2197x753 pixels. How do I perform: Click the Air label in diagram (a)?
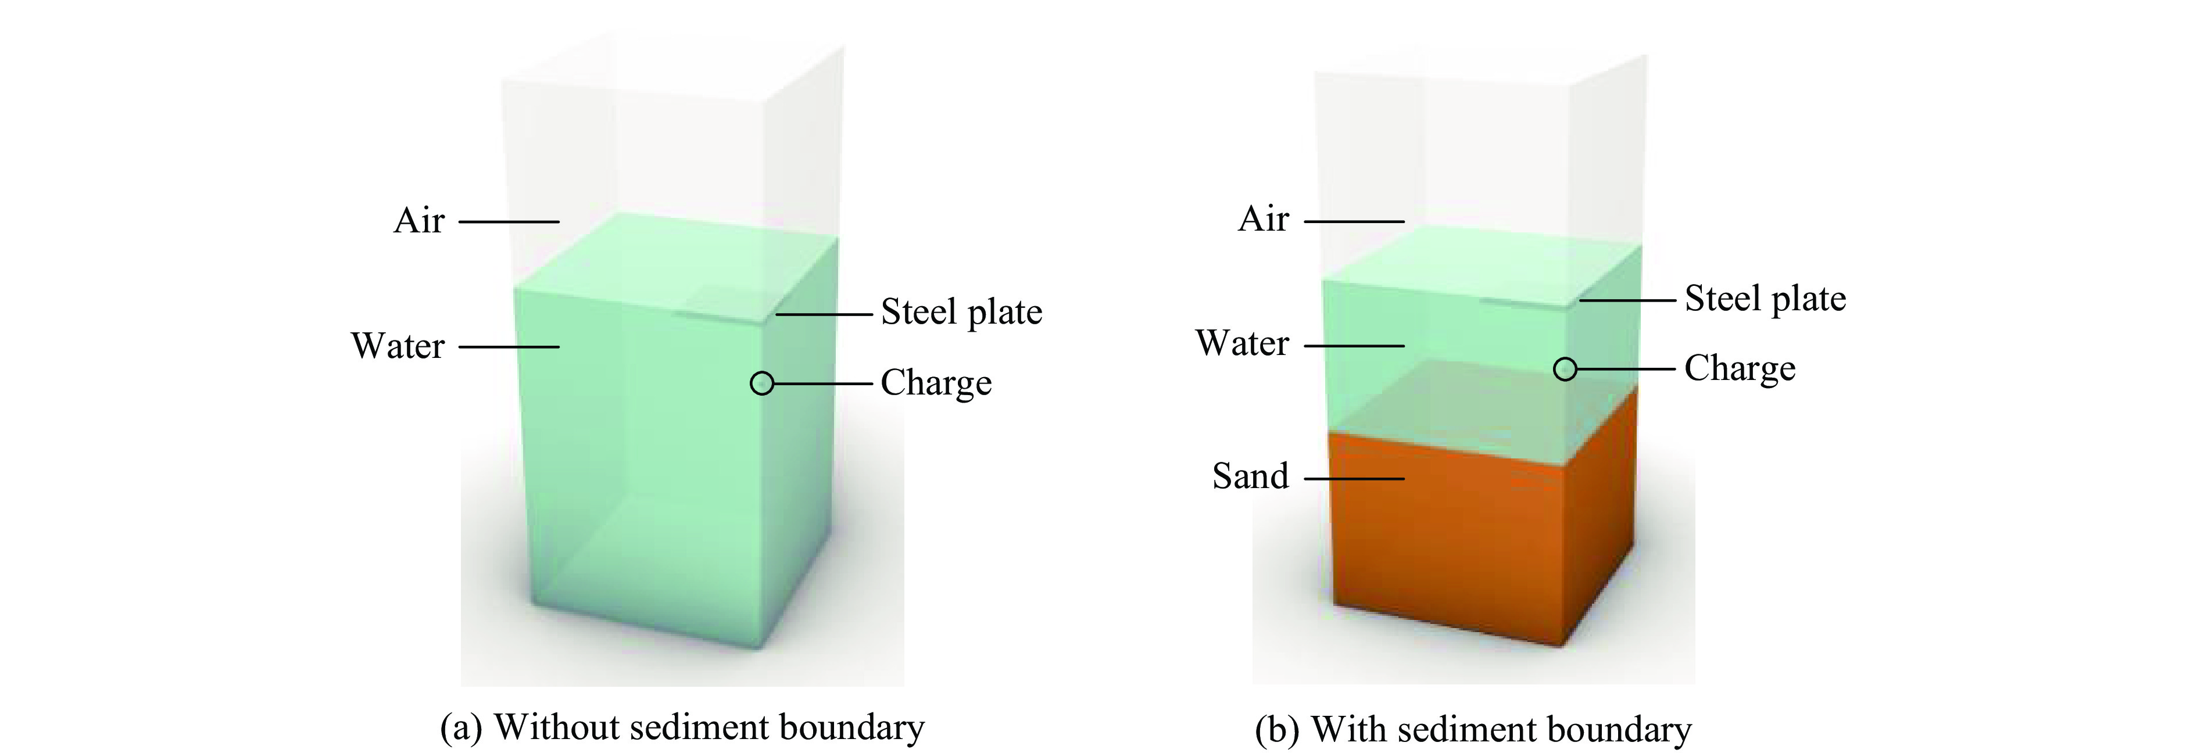click(418, 220)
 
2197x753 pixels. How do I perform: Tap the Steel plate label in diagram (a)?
click(961, 312)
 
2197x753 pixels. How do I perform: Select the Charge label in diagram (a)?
click(936, 383)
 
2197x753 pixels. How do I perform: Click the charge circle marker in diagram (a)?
click(761, 383)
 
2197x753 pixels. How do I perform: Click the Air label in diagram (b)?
click(1263, 218)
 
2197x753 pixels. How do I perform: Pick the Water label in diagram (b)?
click(1243, 343)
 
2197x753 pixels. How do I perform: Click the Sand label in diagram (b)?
click(1250, 476)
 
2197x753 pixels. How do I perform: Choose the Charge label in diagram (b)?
click(1740, 368)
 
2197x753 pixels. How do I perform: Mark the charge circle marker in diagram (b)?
click(1565, 370)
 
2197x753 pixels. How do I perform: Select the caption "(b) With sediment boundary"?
click(1473, 729)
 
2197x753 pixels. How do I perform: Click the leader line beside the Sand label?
click(1354, 478)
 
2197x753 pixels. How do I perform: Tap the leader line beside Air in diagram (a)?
click(509, 222)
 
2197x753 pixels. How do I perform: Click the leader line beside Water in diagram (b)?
click(1354, 345)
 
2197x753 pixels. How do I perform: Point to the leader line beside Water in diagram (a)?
click(509, 347)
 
